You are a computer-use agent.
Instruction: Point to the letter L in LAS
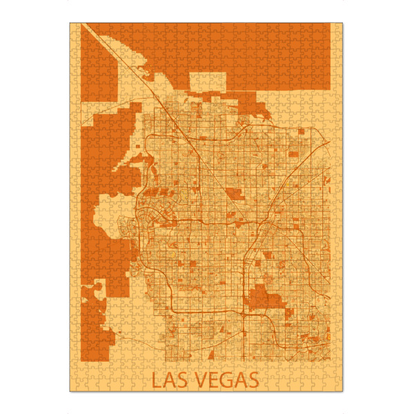157,379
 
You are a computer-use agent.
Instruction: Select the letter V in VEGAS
200,379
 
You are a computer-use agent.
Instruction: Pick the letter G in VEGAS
226,379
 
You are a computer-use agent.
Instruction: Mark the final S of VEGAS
253,379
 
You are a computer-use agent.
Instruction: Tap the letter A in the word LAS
169,379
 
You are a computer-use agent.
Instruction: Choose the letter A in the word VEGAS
240,379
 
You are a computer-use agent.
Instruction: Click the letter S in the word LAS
182,379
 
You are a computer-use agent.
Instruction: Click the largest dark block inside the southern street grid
265,299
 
